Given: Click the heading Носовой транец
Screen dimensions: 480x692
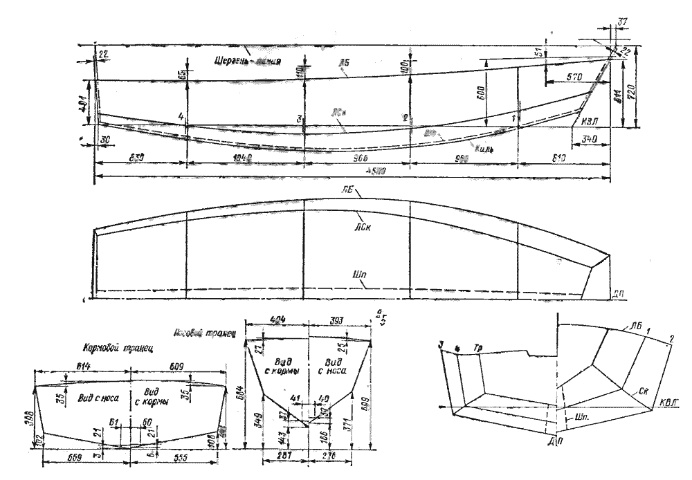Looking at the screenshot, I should point(210,333).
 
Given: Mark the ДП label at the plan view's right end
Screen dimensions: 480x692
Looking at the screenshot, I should point(621,293).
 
